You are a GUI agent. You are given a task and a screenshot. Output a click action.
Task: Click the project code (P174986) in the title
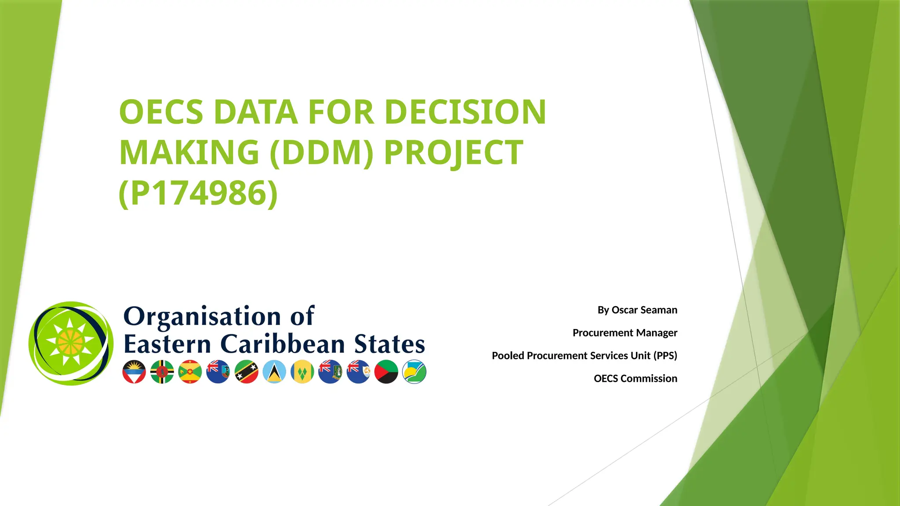tap(198, 193)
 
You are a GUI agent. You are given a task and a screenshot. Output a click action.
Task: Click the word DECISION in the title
tap(465, 112)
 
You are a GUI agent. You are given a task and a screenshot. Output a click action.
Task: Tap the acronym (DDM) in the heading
tap(321, 152)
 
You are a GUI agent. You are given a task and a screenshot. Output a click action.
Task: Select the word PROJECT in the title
tap(454, 152)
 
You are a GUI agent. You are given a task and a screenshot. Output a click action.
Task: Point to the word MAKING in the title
tap(189, 152)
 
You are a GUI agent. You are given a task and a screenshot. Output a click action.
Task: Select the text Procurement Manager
tap(624, 333)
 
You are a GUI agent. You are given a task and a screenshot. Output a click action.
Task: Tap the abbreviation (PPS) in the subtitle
tap(665, 356)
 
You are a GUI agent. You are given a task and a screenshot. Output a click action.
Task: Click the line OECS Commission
tap(635, 379)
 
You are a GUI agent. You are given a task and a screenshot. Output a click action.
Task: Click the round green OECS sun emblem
tap(71, 343)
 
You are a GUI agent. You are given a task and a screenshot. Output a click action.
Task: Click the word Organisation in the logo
tap(202, 316)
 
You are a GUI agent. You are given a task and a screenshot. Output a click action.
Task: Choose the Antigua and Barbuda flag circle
tap(134, 372)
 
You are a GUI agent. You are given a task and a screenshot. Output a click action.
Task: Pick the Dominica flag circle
tap(162, 372)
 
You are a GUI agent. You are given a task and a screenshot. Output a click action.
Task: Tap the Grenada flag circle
tap(190, 372)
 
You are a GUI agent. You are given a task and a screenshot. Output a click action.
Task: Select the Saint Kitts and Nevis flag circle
tap(247, 372)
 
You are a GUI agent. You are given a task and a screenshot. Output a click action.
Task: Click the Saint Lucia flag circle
tap(274, 372)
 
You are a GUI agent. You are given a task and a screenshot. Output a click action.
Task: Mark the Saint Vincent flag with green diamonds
tap(302, 372)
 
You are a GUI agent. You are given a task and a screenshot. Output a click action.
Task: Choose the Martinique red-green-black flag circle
tap(386, 372)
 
